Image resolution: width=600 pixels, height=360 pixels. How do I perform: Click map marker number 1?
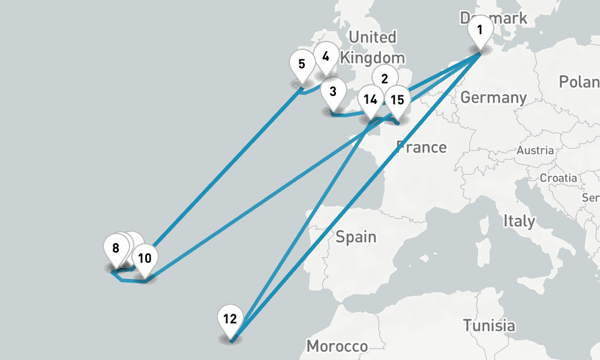tap(479, 29)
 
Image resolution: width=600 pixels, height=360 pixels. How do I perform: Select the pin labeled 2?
tap(385, 78)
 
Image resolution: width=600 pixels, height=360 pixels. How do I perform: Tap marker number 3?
tap(333, 93)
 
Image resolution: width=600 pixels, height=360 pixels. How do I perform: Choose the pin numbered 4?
tap(326, 57)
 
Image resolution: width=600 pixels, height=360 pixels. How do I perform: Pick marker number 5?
tap(301, 64)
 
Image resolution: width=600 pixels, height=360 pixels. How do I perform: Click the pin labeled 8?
tap(116, 248)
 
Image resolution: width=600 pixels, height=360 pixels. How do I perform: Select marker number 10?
tap(145, 259)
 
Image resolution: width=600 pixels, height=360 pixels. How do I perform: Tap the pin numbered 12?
tap(230, 319)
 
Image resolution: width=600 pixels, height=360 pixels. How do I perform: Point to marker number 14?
tap(370, 100)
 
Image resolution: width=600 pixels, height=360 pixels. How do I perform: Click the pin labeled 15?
tap(397, 100)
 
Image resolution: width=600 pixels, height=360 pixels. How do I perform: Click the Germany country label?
tap(493, 97)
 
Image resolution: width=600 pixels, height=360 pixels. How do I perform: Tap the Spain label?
tap(356, 236)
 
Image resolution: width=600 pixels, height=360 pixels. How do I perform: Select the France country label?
tap(422, 147)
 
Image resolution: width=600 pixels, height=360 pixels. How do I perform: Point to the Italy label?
tap(519, 221)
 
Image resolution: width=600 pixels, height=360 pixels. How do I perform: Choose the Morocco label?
tap(337, 346)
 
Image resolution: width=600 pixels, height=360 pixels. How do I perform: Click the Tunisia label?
tap(488, 326)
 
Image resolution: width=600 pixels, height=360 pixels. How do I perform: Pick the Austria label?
tap(535, 150)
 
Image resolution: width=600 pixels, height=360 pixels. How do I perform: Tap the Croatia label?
tap(558, 178)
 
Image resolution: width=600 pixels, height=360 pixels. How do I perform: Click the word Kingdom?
tap(372, 58)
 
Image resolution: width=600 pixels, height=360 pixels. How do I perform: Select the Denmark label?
tap(494, 17)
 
